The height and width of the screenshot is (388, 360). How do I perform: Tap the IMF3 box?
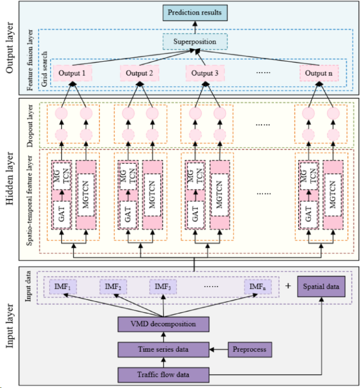pos(164,287)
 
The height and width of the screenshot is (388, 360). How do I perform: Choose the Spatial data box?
pos(321,287)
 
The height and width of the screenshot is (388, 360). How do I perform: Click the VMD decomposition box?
pos(163,325)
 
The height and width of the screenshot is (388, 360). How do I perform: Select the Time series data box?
pos(163,349)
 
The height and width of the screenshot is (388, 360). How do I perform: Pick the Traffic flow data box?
pos(163,374)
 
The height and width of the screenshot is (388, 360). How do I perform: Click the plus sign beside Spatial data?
pos(288,287)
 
